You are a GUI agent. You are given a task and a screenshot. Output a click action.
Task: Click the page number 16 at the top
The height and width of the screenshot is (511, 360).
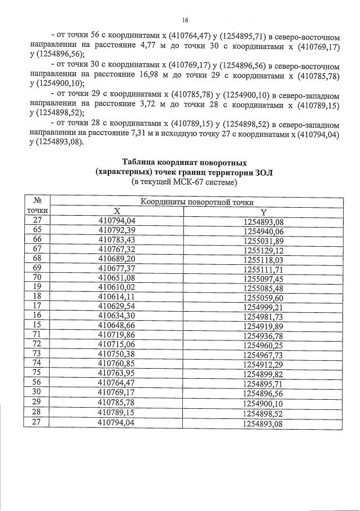[x=184, y=20]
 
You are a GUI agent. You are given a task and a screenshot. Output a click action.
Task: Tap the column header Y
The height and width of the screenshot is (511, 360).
[x=262, y=211]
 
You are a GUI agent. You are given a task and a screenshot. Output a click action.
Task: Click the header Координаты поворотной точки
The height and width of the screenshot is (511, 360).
[x=197, y=202]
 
